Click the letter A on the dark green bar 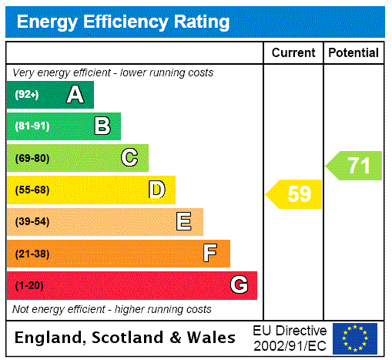pos(75,95)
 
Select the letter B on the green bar pos(102,126)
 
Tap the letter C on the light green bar pos(129,158)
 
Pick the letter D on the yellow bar pos(156,190)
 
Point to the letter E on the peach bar pos(183,222)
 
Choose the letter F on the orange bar pos(210,254)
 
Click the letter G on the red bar pos(239,285)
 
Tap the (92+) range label pos(27,95)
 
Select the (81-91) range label pos(32,126)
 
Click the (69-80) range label pos(32,158)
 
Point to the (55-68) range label pos(32,190)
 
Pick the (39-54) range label pos(32,222)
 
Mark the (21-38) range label pos(32,254)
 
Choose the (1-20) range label pos(29,285)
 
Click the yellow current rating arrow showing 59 pos(295,194)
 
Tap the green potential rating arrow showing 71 pos(355,166)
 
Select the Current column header pos(293,52)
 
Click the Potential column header pos(353,52)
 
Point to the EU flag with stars pos(355,338)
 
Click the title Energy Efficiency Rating pos(123,22)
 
